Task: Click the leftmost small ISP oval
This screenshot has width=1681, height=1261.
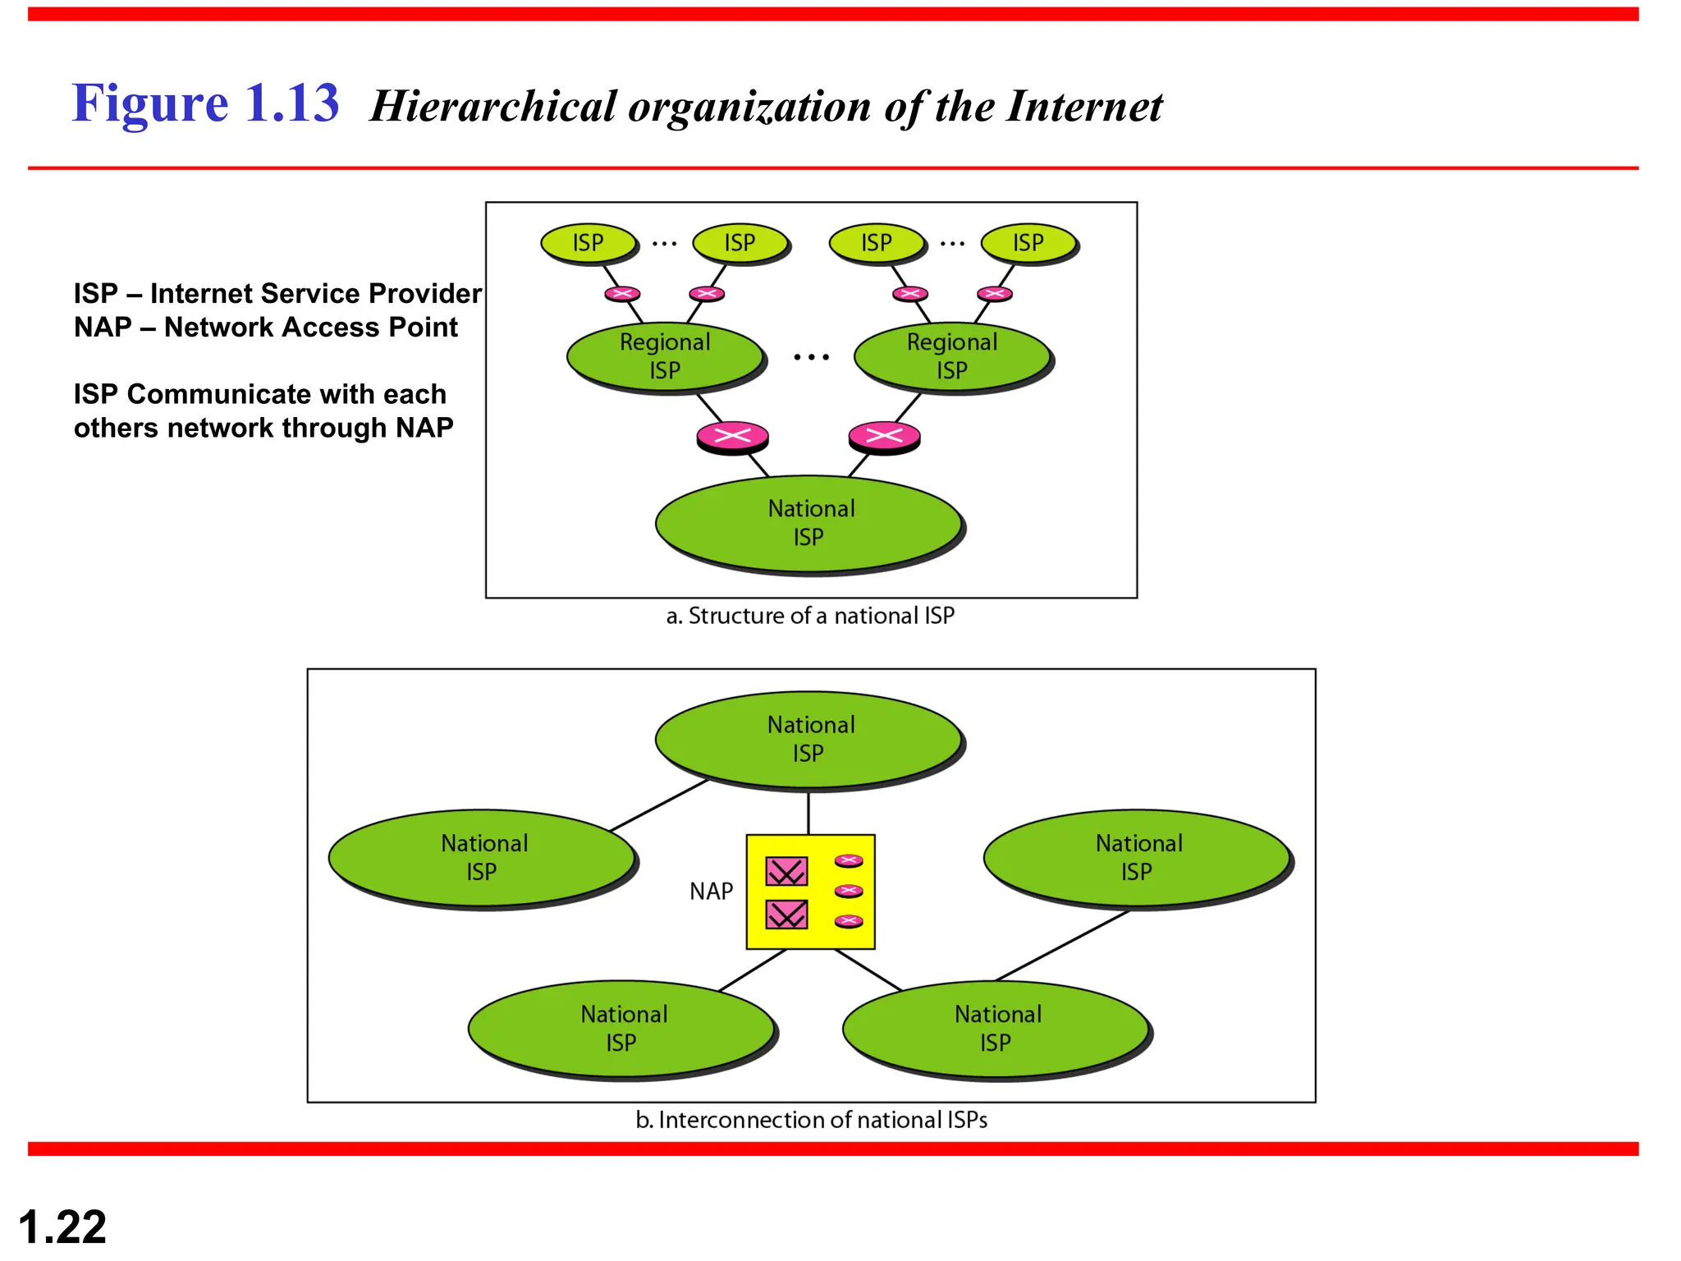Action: [589, 243]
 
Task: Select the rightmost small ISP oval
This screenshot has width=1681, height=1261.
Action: [1028, 243]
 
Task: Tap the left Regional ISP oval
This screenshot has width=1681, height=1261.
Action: [665, 356]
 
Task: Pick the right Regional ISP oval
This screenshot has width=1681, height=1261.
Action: [952, 356]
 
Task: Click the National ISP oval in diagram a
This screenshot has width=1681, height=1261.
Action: [809, 523]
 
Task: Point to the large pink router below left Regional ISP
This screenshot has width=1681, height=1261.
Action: [732, 436]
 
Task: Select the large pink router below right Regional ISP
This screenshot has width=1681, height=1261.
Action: [884, 436]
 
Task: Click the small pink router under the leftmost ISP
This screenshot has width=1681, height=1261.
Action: [622, 294]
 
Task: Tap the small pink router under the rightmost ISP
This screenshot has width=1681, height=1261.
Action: [995, 294]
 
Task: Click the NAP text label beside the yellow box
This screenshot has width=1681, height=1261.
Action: [711, 892]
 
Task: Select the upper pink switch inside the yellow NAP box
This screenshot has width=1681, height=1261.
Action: [786, 871]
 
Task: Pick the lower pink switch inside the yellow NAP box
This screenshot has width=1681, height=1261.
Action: [786, 914]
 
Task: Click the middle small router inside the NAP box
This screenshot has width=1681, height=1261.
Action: [849, 891]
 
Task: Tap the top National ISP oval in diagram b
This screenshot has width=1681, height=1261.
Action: [809, 739]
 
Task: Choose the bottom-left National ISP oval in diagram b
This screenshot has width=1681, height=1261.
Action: [622, 1028]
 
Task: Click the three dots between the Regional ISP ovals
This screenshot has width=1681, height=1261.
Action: [811, 357]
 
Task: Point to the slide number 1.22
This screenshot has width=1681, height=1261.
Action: [62, 1227]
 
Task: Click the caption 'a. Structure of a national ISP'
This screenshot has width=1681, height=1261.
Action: [810, 616]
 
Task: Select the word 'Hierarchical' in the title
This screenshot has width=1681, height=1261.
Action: [492, 107]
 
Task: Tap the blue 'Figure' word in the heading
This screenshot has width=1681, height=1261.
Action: [150, 104]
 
